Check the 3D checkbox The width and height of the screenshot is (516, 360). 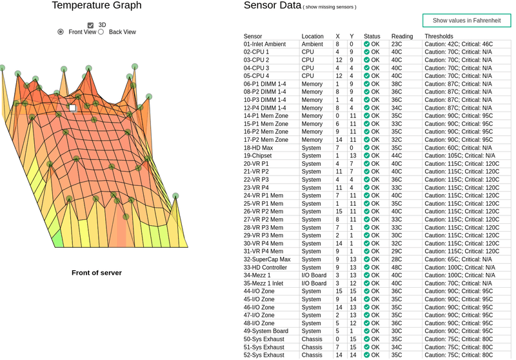(91, 25)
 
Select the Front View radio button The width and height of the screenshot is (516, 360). (61, 32)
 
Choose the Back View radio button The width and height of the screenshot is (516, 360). (101, 32)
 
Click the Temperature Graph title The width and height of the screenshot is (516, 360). (97, 6)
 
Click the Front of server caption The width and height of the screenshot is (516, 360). (97, 273)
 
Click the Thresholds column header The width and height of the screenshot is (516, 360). (439, 36)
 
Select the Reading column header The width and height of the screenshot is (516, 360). (402, 36)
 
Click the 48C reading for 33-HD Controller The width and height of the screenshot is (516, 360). (397, 267)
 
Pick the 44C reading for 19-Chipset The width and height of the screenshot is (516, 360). (397, 155)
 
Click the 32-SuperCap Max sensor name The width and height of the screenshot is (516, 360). (267, 259)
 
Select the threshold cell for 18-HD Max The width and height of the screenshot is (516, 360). (456, 148)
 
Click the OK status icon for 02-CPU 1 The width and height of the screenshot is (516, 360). (367, 52)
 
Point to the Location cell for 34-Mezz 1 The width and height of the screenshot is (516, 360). (314, 275)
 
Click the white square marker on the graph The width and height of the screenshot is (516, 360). (73, 108)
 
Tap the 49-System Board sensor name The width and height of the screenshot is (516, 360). (266, 331)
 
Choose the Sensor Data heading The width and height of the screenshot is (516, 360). (272, 6)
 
